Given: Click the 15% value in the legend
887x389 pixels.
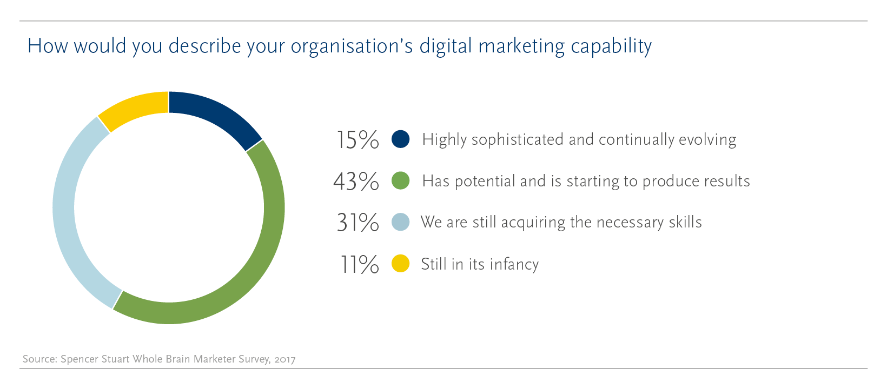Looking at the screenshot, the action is click(x=357, y=140).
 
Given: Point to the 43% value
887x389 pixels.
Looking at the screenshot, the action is click(x=356, y=181).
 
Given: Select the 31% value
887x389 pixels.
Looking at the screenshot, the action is click(x=358, y=223).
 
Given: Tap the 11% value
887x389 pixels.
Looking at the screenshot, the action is click(x=359, y=264).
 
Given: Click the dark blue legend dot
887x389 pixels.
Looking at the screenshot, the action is click(x=400, y=139).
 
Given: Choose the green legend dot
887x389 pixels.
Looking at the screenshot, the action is click(x=400, y=181).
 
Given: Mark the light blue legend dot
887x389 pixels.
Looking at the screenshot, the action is click(x=400, y=222).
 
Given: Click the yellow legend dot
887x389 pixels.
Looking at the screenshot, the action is click(x=400, y=264).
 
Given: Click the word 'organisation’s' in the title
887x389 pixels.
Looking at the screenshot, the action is click(x=352, y=46).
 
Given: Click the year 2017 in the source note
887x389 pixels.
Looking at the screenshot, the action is click(x=284, y=359).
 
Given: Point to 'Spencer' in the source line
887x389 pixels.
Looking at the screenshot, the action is click(x=80, y=359).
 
